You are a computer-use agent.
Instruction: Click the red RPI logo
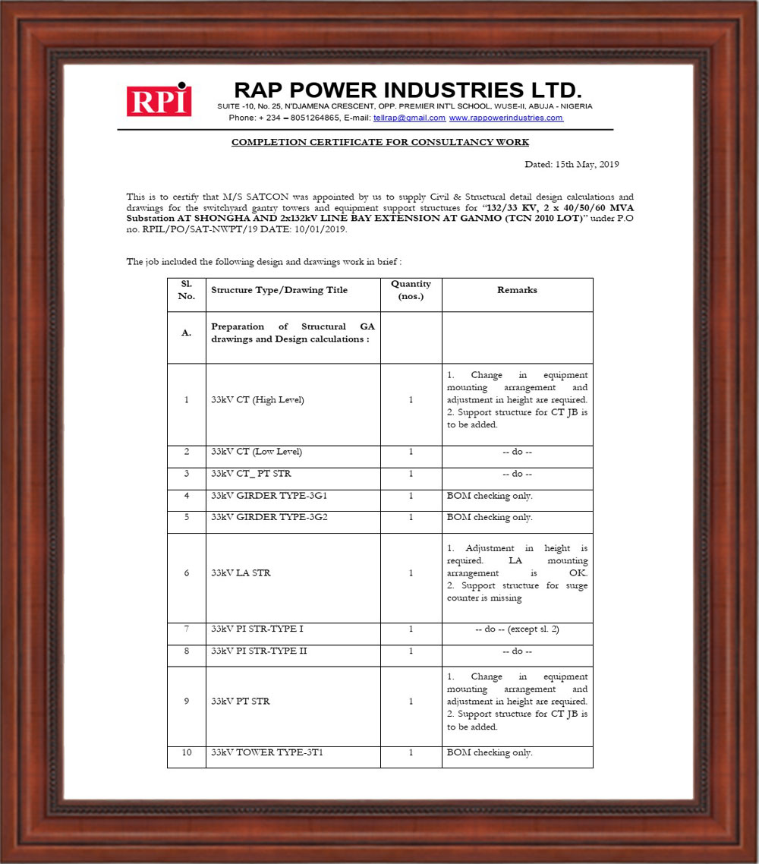click(x=159, y=100)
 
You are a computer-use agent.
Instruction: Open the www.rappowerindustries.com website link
click(x=505, y=118)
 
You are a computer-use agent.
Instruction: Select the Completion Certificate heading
click(x=379, y=142)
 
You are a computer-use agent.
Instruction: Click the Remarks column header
click(x=517, y=290)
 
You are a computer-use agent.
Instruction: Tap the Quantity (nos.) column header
click(x=411, y=289)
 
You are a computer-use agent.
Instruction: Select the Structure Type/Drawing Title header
click(x=279, y=290)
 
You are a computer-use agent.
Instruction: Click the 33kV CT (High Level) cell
click(x=257, y=400)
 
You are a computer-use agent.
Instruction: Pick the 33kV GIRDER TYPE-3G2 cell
click(x=263, y=517)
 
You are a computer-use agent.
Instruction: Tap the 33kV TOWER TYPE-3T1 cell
click(x=261, y=752)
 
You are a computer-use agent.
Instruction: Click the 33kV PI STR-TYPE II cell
click(x=259, y=651)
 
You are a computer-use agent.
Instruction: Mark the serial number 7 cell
click(x=187, y=629)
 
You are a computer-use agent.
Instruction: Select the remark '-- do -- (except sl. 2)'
click(x=517, y=629)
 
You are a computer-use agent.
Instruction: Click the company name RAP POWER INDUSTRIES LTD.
click(x=407, y=90)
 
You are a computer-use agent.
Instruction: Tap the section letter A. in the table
click(x=187, y=333)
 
